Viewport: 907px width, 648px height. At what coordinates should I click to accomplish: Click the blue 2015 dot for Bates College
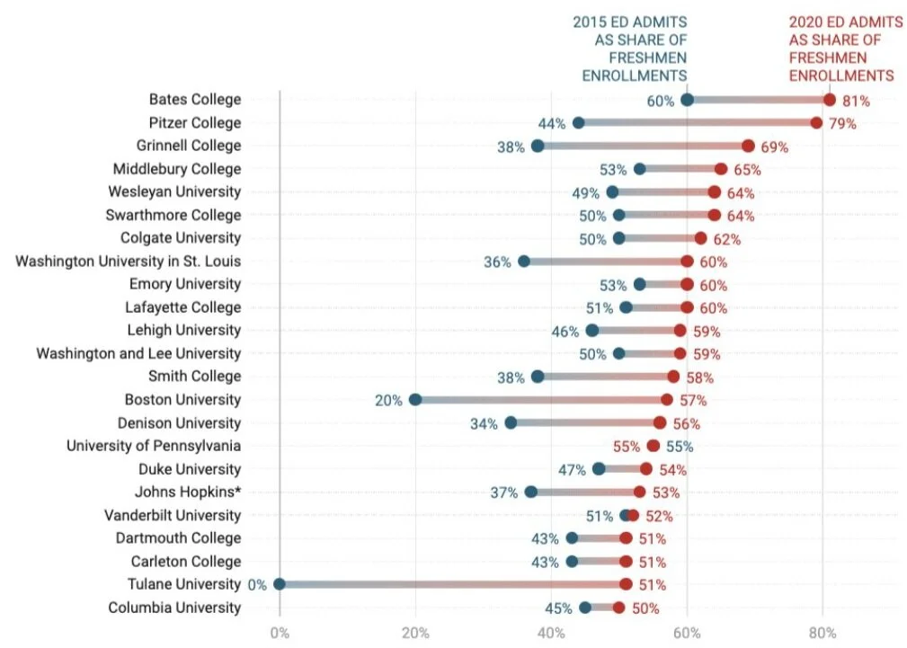tap(688, 100)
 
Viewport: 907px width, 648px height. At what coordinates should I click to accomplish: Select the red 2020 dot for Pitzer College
tap(816, 122)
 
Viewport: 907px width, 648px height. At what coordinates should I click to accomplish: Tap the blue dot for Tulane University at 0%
tap(280, 584)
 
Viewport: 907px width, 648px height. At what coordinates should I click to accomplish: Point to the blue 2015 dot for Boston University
tap(415, 399)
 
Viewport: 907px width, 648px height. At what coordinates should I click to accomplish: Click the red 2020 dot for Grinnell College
tap(748, 146)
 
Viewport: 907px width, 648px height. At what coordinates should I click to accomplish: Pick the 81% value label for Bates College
tap(857, 101)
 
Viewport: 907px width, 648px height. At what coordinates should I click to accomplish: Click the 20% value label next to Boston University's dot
tap(388, 400)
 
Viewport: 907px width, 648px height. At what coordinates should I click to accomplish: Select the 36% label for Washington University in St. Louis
tap(497, 262)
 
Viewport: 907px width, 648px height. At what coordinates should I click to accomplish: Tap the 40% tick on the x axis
tap(552, 632)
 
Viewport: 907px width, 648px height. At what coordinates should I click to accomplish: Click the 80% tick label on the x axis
tap(823, 632)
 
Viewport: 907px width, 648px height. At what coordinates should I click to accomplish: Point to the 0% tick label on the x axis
tap(280, 632)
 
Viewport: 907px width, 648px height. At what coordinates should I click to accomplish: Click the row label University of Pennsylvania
tap(154, 446)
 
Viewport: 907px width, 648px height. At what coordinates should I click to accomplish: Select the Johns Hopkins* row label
tap(188, 492)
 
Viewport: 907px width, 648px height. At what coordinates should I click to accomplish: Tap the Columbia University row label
tap(174, 608)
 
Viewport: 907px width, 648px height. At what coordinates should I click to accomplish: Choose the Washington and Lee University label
tap(138, 353)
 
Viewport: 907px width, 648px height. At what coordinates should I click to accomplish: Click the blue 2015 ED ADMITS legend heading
tap(630, 49)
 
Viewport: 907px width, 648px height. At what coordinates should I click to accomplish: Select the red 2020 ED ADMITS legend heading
tap(841, 49)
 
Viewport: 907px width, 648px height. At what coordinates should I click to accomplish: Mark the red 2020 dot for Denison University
tap(660, 422)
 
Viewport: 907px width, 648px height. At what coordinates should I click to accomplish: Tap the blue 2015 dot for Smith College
tap(538, 377)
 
